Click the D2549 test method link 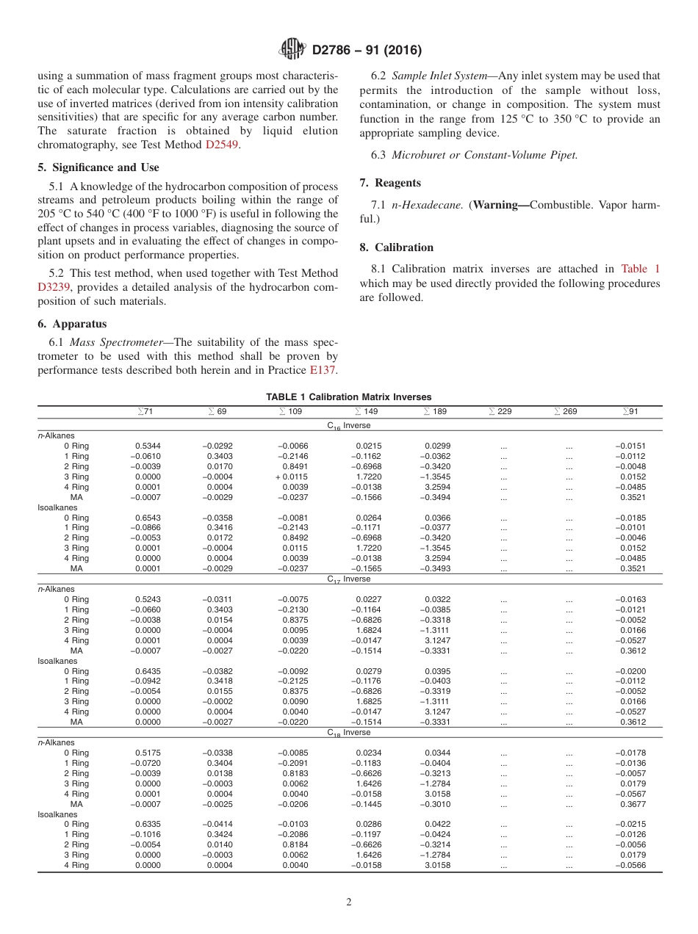coord(223,145)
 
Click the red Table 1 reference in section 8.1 coord(640,269)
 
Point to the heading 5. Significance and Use coord(98,167)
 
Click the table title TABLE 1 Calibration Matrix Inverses coord(349,397)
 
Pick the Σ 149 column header coord(367,412)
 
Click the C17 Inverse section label coord(349,579)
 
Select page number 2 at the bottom coord(349,902)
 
